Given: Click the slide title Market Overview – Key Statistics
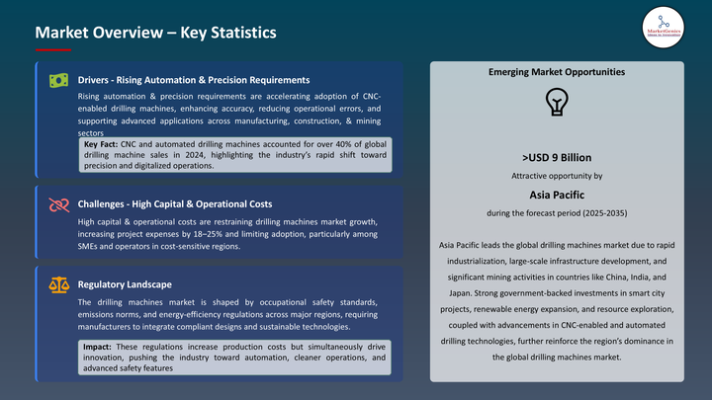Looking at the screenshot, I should [x=155, y=33].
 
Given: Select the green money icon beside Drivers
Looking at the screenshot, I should [x=59, y=80].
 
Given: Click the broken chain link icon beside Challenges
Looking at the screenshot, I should [x=59, y=204].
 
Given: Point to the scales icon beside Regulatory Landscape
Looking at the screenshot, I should [x=59, y=285].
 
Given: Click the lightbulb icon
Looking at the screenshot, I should [x=557, y=102].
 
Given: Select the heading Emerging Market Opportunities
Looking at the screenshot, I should [x=557, y=73].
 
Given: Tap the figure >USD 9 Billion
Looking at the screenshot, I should [x=557, y=156].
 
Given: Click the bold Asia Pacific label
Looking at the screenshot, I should [x=557, y=195].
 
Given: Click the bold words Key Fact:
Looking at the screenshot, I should [x=102, y=144].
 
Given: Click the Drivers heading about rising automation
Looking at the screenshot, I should [x=194, y=80].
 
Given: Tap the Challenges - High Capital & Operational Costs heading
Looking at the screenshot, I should [x=175, y=204].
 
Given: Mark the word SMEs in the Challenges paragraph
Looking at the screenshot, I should [x=89, y=247].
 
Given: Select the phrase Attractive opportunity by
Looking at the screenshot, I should [x=557, y=176].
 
